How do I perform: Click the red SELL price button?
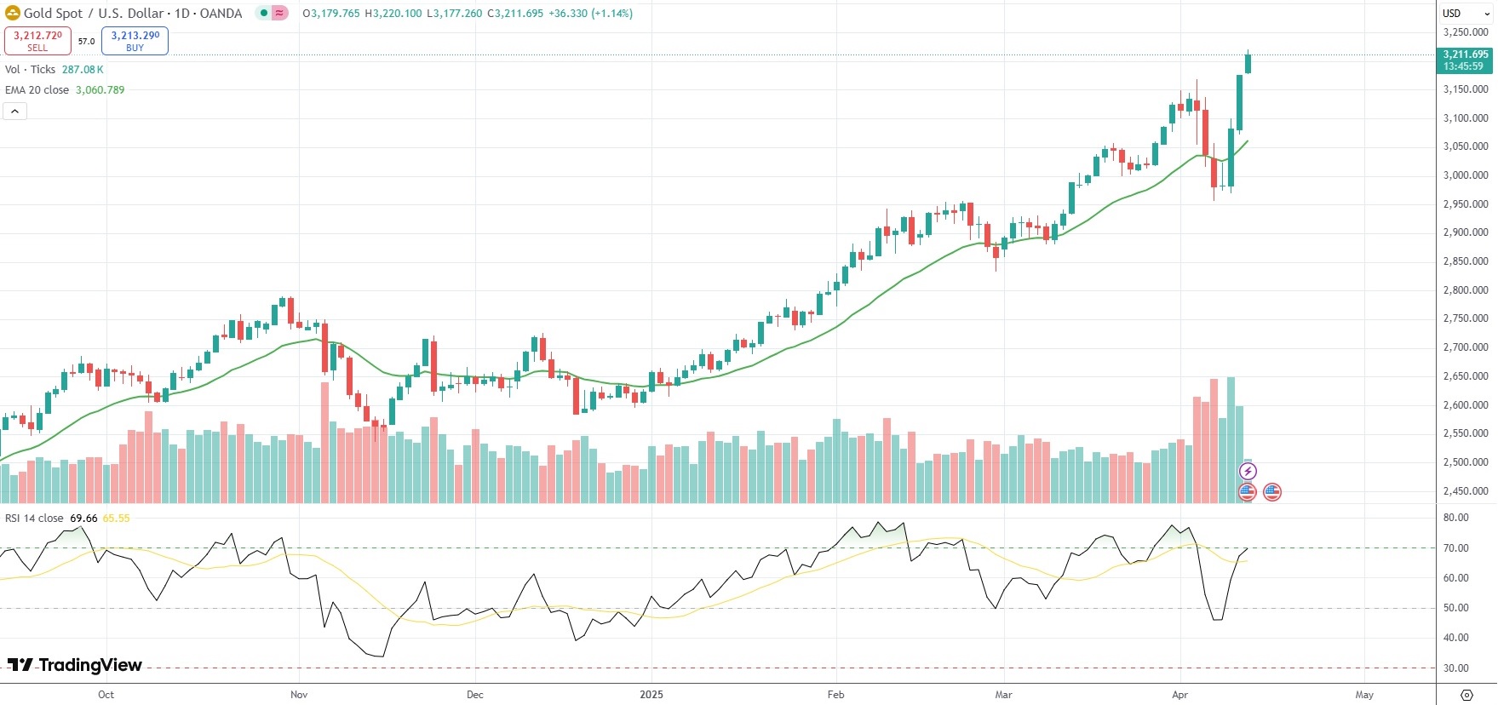tap(37, 40)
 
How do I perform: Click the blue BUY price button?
tap(135, 40)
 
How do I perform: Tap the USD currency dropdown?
tap(1464, 13)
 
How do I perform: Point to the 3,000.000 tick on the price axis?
tap(1465, 175)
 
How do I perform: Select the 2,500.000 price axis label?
tap(1465, 462)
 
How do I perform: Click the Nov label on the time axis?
tap(299, 695)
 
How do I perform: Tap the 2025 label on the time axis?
tap(651, 695)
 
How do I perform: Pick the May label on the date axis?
tap(1364, 695)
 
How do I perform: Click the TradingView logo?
tap(75, 665)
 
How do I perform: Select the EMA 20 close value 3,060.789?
tap(100, 90)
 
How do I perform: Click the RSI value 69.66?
tap(83, 519)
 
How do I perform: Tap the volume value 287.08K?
tap(83, 70)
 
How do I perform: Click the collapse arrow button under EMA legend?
tap(14, 111)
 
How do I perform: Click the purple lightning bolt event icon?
tap(1248, 472)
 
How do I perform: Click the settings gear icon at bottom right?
tap(1466, 695)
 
